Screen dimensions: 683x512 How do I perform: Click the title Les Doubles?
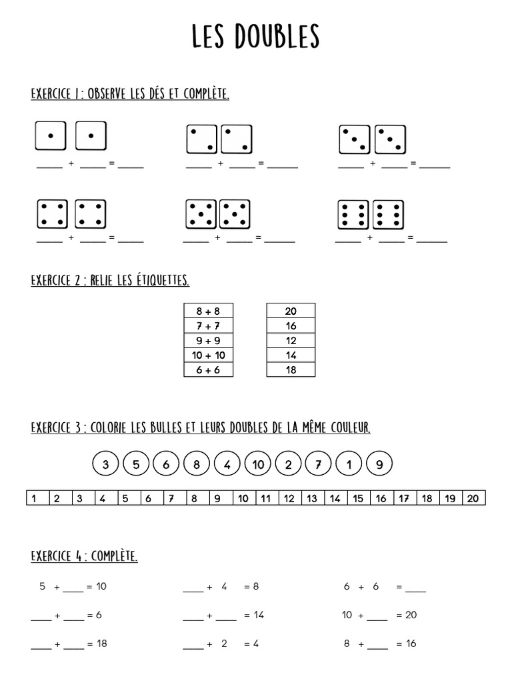point(256,37)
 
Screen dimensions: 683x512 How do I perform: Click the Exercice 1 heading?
point(130,94)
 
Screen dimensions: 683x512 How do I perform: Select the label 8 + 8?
point(208,311)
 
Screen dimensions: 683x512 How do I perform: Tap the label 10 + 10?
point(208,355)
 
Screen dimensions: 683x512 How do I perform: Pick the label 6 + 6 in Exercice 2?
point(208,370)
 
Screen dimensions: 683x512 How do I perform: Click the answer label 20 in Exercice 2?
point(291,311)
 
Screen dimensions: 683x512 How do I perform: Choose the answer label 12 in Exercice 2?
point(291,340)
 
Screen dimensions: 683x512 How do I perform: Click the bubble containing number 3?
point(106,465)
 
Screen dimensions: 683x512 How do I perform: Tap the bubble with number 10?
point(258,465)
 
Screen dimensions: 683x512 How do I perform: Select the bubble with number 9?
point(379,465)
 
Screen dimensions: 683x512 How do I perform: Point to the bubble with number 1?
point(349,465)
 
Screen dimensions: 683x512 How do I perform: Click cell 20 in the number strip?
point(473,498)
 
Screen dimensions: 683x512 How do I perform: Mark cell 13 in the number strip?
point(311,498)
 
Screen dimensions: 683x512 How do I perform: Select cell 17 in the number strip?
point(404,498)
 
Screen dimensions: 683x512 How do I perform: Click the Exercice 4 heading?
point(84,556)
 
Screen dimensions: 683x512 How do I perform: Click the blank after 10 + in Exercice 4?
point(377,616)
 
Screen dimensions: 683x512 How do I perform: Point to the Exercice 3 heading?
point(200,427)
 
